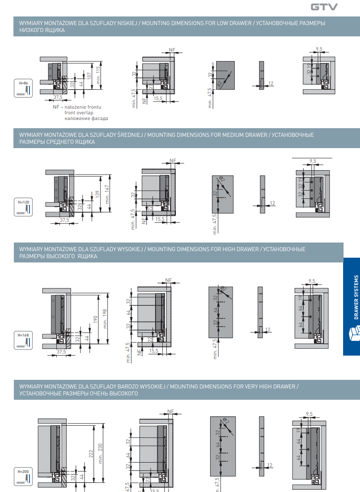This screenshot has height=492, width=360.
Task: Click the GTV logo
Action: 324,7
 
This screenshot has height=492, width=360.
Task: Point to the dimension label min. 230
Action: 101,453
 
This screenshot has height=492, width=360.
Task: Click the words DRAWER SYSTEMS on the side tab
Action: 356,297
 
